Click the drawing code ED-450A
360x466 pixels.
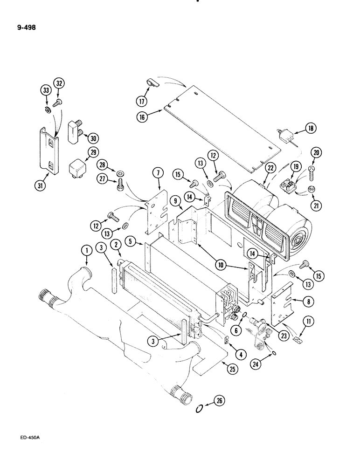pos(25,450)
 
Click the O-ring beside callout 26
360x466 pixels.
pos(198,409)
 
